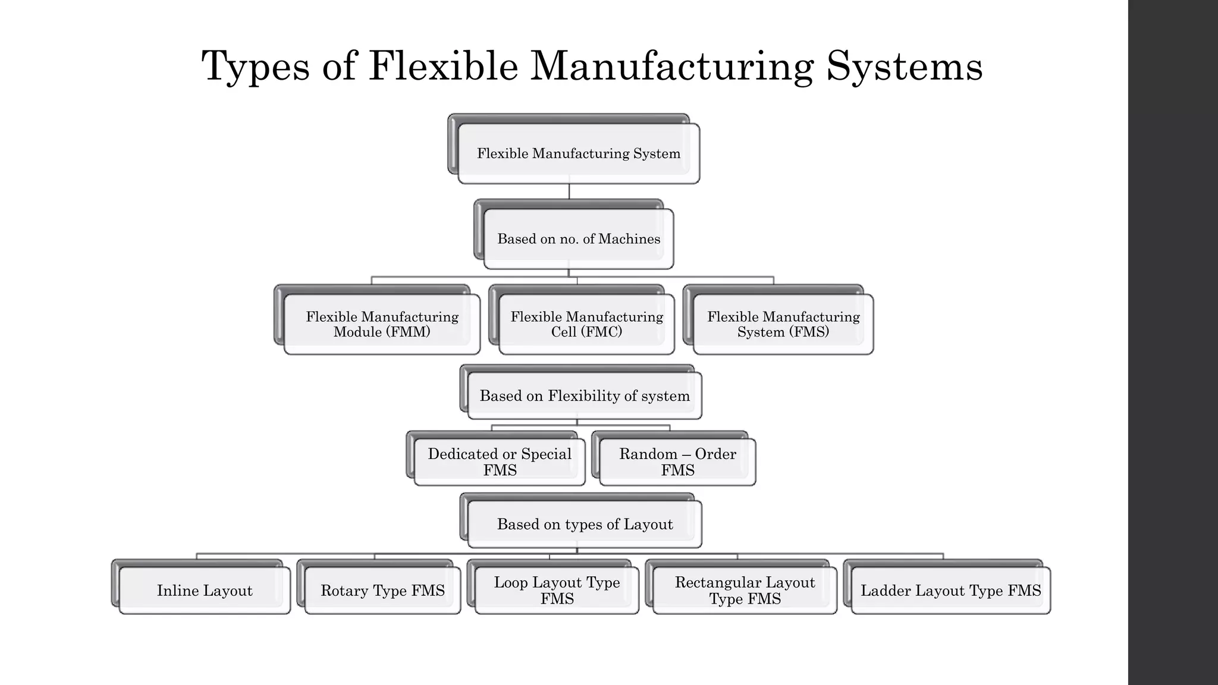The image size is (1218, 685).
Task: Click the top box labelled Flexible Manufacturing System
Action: (578, 153)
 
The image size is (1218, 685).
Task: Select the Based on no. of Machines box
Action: (578, 239)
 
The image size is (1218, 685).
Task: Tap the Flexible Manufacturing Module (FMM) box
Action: (382, 325)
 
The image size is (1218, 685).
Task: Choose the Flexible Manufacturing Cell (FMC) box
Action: (586, 325)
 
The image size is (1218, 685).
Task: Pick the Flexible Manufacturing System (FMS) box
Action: (783, 325)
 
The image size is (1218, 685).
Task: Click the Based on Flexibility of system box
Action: (585, 396)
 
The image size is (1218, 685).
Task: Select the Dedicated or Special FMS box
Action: (500, 462)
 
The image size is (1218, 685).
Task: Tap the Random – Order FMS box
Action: (677, 462)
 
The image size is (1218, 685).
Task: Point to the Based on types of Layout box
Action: (585, 524)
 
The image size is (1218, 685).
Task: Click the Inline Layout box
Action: (205, 590)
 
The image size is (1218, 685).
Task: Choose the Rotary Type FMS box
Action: (382, 590)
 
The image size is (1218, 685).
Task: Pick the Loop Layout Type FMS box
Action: (557, 590)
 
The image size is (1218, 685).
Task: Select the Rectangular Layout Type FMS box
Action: (745, 590)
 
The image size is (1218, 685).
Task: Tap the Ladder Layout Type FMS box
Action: (950, 590)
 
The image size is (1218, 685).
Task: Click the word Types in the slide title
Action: (256, 67)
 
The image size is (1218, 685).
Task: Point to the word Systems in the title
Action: (904, 67)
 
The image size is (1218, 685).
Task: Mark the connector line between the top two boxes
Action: (569, 191)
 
